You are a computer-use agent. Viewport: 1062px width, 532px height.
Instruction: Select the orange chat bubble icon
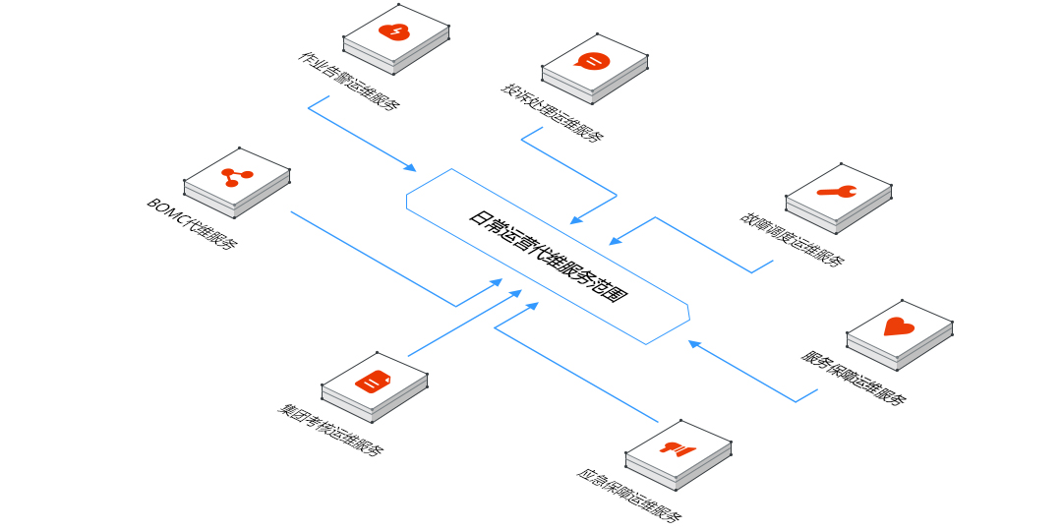(x=593, y=62)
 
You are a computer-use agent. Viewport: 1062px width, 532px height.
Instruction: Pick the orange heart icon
(x=899, y=326)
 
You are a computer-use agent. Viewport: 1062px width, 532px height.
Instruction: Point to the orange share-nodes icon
(x=236, y=177)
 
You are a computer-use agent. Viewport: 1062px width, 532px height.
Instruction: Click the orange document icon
(x=374, y=381)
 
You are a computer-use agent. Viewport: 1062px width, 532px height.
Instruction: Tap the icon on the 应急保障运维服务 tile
(x=678, y=449)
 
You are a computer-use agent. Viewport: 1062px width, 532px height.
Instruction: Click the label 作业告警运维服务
(x=349, y=81)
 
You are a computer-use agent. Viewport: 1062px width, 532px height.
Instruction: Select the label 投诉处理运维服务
(x=552, y=114)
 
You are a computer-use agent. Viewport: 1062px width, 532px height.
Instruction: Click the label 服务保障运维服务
(x=854, y=378)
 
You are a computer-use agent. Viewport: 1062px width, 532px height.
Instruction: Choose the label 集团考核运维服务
(x=330, y=431)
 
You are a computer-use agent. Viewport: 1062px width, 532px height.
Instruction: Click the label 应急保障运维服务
(x=629, y=495)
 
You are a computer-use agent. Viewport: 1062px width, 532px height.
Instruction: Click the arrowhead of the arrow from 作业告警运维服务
(x=412, y=168)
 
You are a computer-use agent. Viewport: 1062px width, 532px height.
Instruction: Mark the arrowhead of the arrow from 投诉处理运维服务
(x=576, y=219)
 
